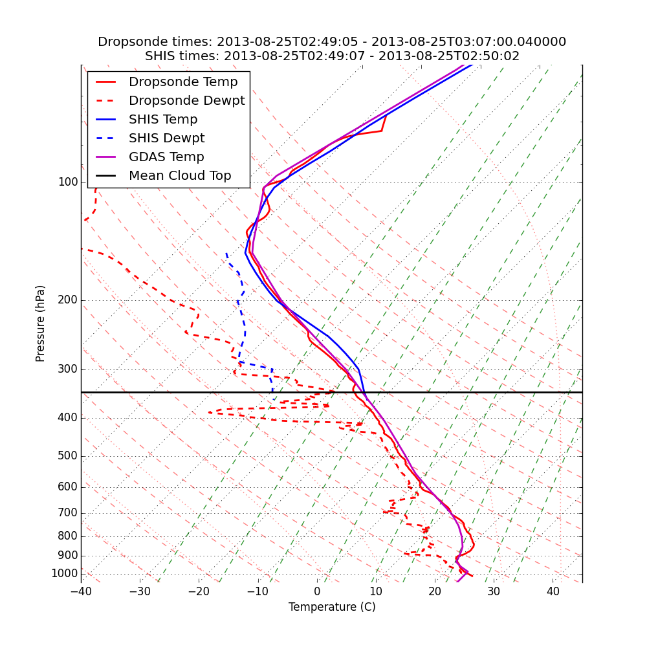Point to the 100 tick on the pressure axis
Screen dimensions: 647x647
coord(67,182)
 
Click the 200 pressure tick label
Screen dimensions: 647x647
coord(67,300)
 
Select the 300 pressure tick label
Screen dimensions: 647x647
coord(67,369)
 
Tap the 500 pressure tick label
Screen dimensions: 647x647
coord(67,456)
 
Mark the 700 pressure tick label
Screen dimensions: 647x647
coord(67,513)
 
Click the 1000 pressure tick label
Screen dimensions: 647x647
coord(64,574)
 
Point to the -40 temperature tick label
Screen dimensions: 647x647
coord(81,591)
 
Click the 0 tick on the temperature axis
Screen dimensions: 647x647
coord(317,591)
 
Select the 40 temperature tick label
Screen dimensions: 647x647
coord(553,591)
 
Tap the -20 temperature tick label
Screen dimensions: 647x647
coord(199,591)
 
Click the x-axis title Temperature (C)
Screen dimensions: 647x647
coord(332,607)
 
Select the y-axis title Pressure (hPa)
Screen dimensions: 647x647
coord(41,323)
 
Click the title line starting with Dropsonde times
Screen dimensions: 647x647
coord(332,42)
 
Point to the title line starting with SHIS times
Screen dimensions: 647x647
coord(332,56)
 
